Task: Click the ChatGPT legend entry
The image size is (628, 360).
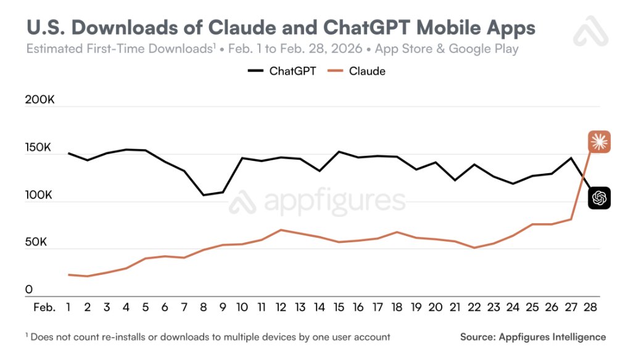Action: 282,71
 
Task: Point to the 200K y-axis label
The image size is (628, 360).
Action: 40,101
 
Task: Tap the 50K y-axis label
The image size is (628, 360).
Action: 36,242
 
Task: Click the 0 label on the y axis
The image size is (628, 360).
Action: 28,290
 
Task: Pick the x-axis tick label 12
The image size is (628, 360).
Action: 281,307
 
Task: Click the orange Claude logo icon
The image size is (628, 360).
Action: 598,142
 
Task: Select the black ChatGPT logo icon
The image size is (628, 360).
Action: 598,198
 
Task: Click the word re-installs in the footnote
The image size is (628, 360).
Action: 129,337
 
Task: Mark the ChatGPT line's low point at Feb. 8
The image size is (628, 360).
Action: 204,195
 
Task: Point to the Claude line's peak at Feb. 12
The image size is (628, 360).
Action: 281,230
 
